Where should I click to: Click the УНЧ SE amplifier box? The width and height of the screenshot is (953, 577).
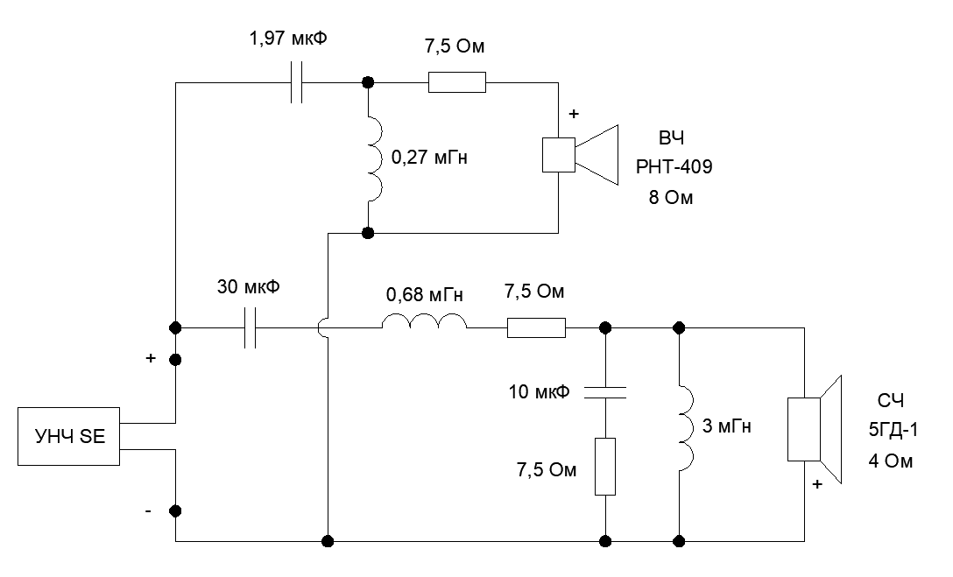click(x=69, y=434)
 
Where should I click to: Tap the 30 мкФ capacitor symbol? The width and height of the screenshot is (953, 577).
click(x=251, y=328)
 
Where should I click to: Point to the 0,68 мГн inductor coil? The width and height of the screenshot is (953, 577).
click(x=424, y=325)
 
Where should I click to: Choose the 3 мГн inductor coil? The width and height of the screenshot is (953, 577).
click(x=685, y=429)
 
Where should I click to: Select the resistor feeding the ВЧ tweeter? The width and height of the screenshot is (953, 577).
click(x=456, y=84)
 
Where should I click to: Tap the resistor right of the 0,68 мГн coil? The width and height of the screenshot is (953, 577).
click(x=536, y=328)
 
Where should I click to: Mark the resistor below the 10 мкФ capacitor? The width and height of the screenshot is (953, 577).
click(x=605, y=467)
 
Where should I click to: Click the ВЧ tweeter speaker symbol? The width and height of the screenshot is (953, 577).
click(x=579, y=154)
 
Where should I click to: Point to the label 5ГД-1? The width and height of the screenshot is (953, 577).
click(x=886, y=430)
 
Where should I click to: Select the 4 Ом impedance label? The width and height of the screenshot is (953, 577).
click(x=888, y=460)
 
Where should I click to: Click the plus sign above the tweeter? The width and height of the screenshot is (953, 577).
click(x=574, y=114)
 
